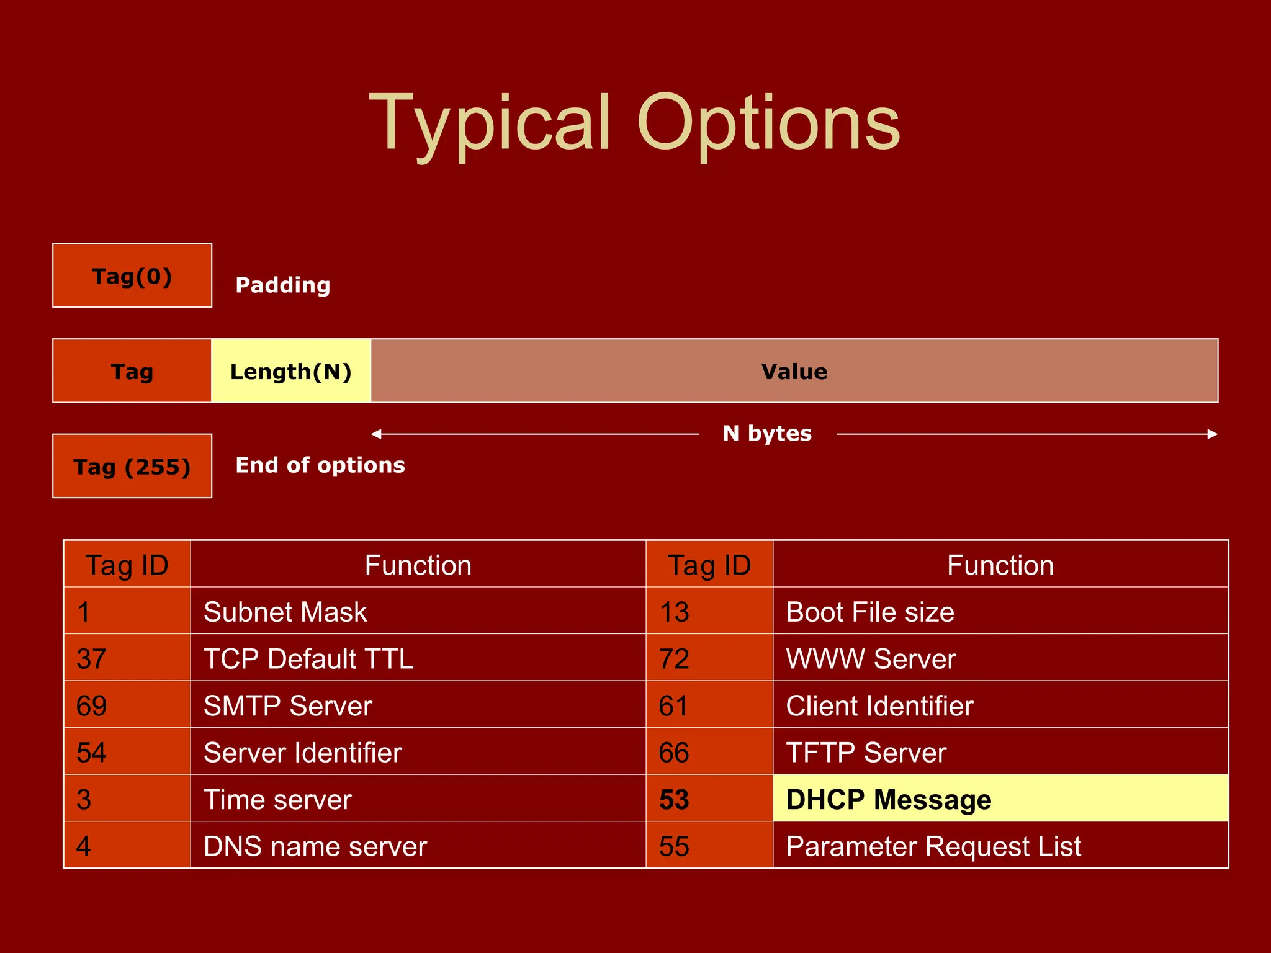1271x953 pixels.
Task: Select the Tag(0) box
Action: pyautogui.click(x=132, y=275)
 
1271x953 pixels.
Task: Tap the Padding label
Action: pyautogui.click(x=283, y=285)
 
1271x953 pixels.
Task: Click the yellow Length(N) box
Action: pyautogui.click(x=291, y=371)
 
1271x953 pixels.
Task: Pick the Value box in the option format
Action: pyautogui.click(x=794, y=371)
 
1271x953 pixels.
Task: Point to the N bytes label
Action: pyautogui.click(x=767, y=433)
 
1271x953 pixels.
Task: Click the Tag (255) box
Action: pyautogui.click(x=132, y=466)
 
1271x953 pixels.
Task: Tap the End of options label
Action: pyautogui.click(x=320, y=465)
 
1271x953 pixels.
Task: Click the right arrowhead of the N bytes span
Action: pyautogui.click(x=1213, y=434)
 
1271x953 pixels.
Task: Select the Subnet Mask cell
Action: pyautogui.click(x=418, y=611)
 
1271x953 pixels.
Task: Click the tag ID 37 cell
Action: pyautogui.click(x=127, y=658)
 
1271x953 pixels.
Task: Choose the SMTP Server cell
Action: pyautogui.click(x=418, y=705)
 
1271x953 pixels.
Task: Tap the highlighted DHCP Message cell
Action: pyautogui.click(x=1000, y=799)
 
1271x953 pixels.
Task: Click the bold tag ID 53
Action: pyautogui.click(x=675, y=799)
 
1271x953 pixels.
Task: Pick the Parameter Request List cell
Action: pyautogui.click(x=1000, y=846)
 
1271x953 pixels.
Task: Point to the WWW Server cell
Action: pyautogui.click(x=1000, y=658)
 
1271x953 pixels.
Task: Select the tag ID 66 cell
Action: pyautogui.click(x=709, y=753)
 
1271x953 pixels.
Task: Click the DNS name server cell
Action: pyautogui.click(x=418, y=846)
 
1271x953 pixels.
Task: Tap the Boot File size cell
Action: pyautogui.click(x=1000, y=611)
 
